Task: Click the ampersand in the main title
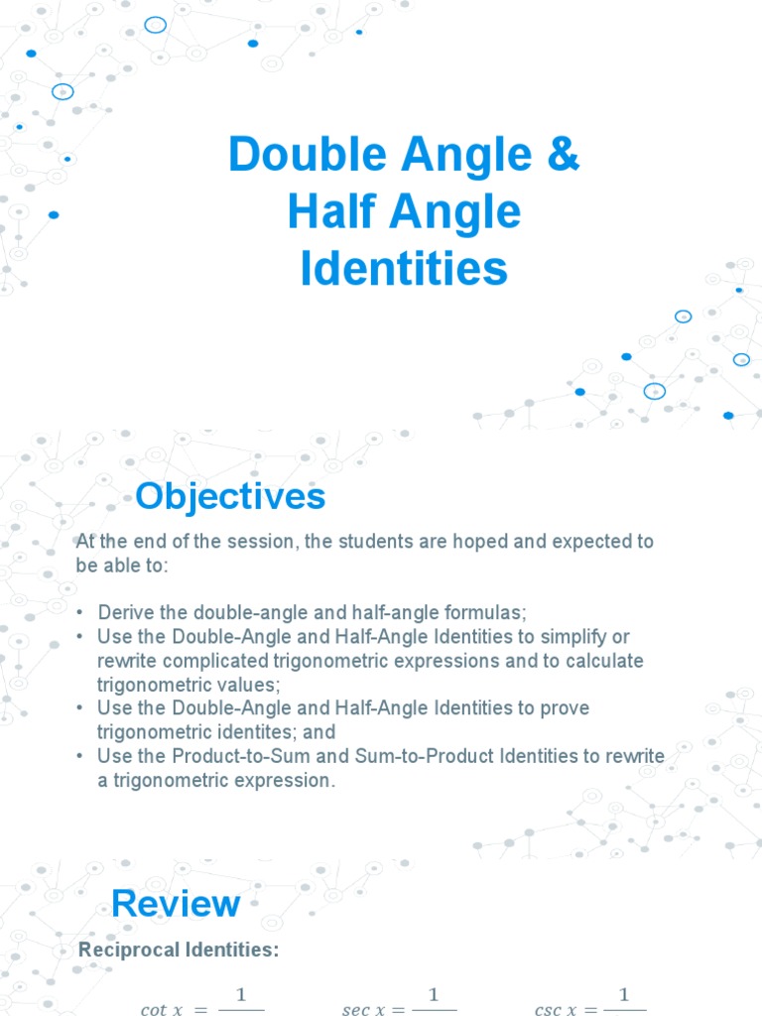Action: [563, 156]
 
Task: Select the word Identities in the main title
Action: [404, 269]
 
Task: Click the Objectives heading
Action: [230, 496]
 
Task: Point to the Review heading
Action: [176, 903]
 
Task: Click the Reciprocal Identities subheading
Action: [179, 950]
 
